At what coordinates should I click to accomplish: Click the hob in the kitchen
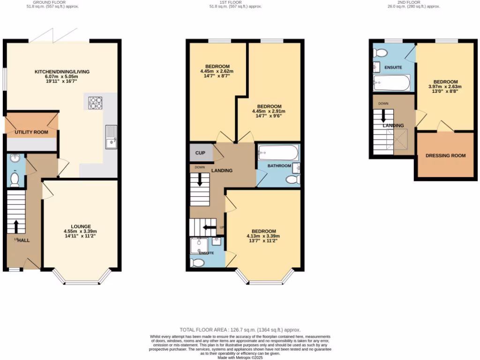coord(96,102)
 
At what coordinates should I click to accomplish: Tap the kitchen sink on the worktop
coord(112,136)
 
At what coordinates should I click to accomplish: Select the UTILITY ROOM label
coord(31,132)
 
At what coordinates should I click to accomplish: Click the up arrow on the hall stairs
coord(17,226)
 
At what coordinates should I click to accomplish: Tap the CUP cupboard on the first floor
coord(201,153)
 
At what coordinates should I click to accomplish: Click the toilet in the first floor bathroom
coord(292,180)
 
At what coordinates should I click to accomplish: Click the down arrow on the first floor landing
coord(200,180)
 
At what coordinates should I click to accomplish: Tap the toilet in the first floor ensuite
coord(197,262)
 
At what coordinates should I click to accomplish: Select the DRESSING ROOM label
coord(445,156)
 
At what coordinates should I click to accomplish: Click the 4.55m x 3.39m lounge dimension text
coord(81,231)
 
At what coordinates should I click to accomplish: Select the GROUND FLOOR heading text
coord(52,2)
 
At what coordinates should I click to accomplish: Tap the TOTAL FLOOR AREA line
coord(240,330)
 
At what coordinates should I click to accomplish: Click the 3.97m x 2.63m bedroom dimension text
coord(445,86)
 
